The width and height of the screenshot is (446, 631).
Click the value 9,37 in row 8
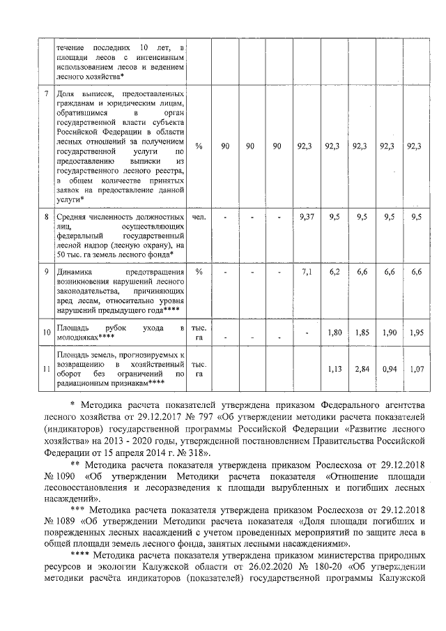click(x=306, y=218)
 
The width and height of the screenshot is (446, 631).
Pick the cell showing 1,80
click(x=334, y=333)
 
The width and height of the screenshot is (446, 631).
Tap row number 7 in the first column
click(x=47, y=93)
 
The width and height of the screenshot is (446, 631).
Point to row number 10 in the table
click(x=47, y=333)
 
